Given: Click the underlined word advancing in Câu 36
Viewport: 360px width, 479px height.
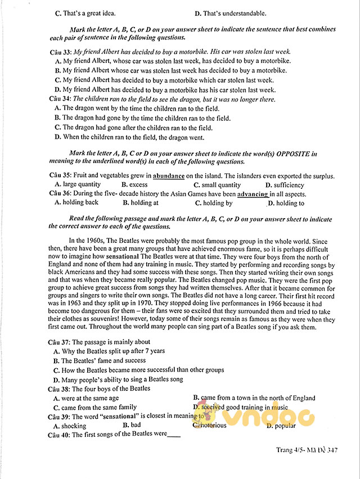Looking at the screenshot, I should [x=253, y=194].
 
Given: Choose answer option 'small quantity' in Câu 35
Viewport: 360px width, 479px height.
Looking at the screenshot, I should [x=220, y=185].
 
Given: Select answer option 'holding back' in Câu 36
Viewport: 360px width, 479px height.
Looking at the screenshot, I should [x=80, y=203].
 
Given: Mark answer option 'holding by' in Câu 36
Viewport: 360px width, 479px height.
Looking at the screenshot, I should [x=217, y=203].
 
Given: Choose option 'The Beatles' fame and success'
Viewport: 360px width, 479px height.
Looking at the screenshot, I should [x=95, y=360].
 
